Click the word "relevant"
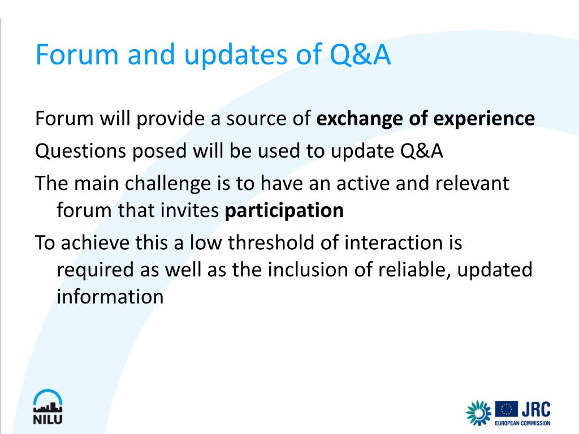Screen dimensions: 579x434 472,183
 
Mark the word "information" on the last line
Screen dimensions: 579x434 110,297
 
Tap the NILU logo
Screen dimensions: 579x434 48,407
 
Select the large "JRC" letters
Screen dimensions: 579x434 536,410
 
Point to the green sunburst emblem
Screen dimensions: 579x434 478,413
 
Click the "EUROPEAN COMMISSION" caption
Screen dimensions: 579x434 522,423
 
